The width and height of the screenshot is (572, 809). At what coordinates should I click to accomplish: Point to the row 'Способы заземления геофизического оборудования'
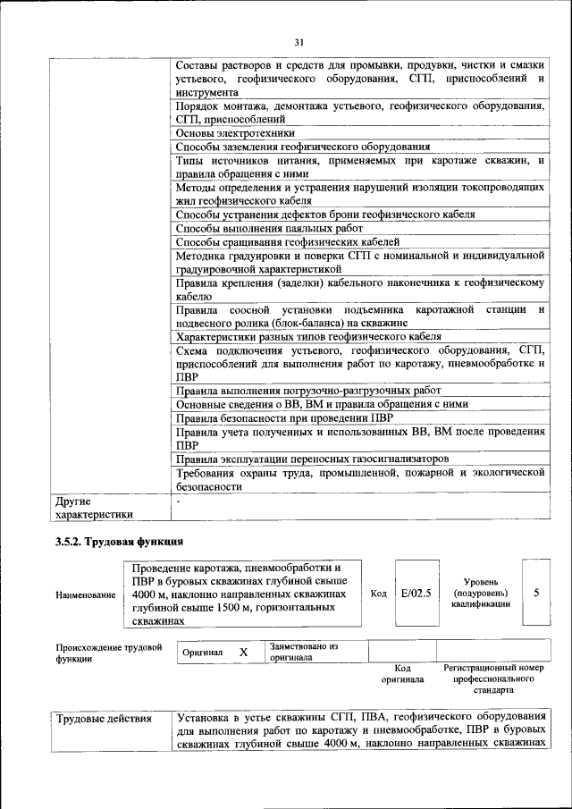pyautogui.click(x=303, y=147)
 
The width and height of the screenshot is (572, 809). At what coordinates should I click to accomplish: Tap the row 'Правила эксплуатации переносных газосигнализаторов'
pyautogui.click(x=311, y=459)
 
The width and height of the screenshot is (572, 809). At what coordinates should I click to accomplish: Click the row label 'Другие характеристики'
pyautogui.click(x=94, y=508)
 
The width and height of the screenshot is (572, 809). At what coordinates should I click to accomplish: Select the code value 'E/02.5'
pyautogui.click(x=416, y=592)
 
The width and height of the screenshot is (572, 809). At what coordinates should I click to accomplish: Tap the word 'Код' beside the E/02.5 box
pyautogui.click(x=378, y=593)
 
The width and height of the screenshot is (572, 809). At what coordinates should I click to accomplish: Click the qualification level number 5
pyautogui.click(x=535, y=592)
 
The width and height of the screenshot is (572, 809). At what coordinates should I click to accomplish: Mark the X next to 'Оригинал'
pyautogui.click(x=243, y=653)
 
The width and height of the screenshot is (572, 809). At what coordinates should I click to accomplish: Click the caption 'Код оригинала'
pyautogui.click(x=402, y=673)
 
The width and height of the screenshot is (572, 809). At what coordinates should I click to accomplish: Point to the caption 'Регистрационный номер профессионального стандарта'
pyautogui.click(x=493, y=679)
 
